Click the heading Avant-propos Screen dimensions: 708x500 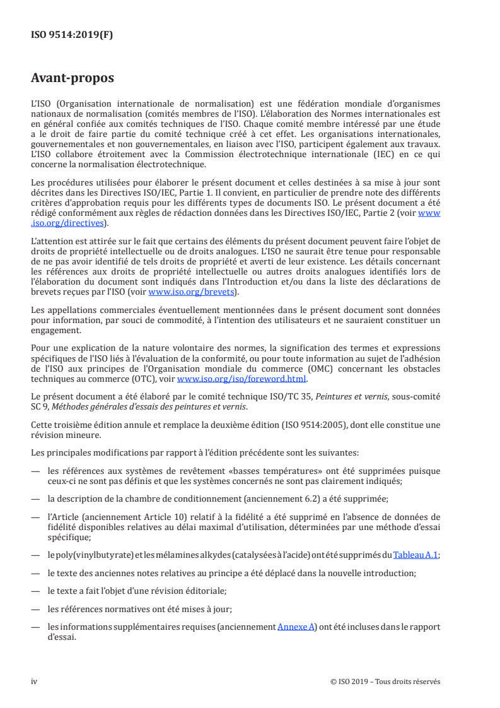click(73, 78)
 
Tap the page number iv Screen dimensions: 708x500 click(34, 681)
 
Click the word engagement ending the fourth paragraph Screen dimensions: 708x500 click(55, 329)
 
